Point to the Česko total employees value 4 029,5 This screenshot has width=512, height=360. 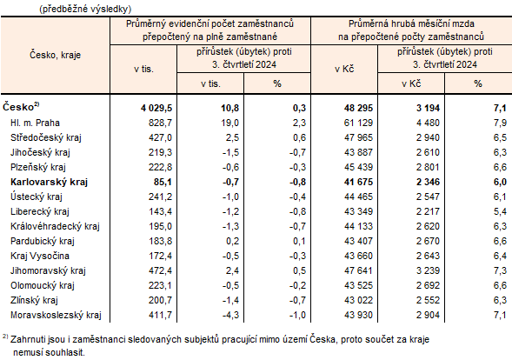156,107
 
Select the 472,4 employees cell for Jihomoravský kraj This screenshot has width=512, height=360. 160,270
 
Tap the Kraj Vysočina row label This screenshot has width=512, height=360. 39,256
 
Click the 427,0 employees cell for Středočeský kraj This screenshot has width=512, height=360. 160,137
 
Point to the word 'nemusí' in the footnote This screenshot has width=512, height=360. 28,353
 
